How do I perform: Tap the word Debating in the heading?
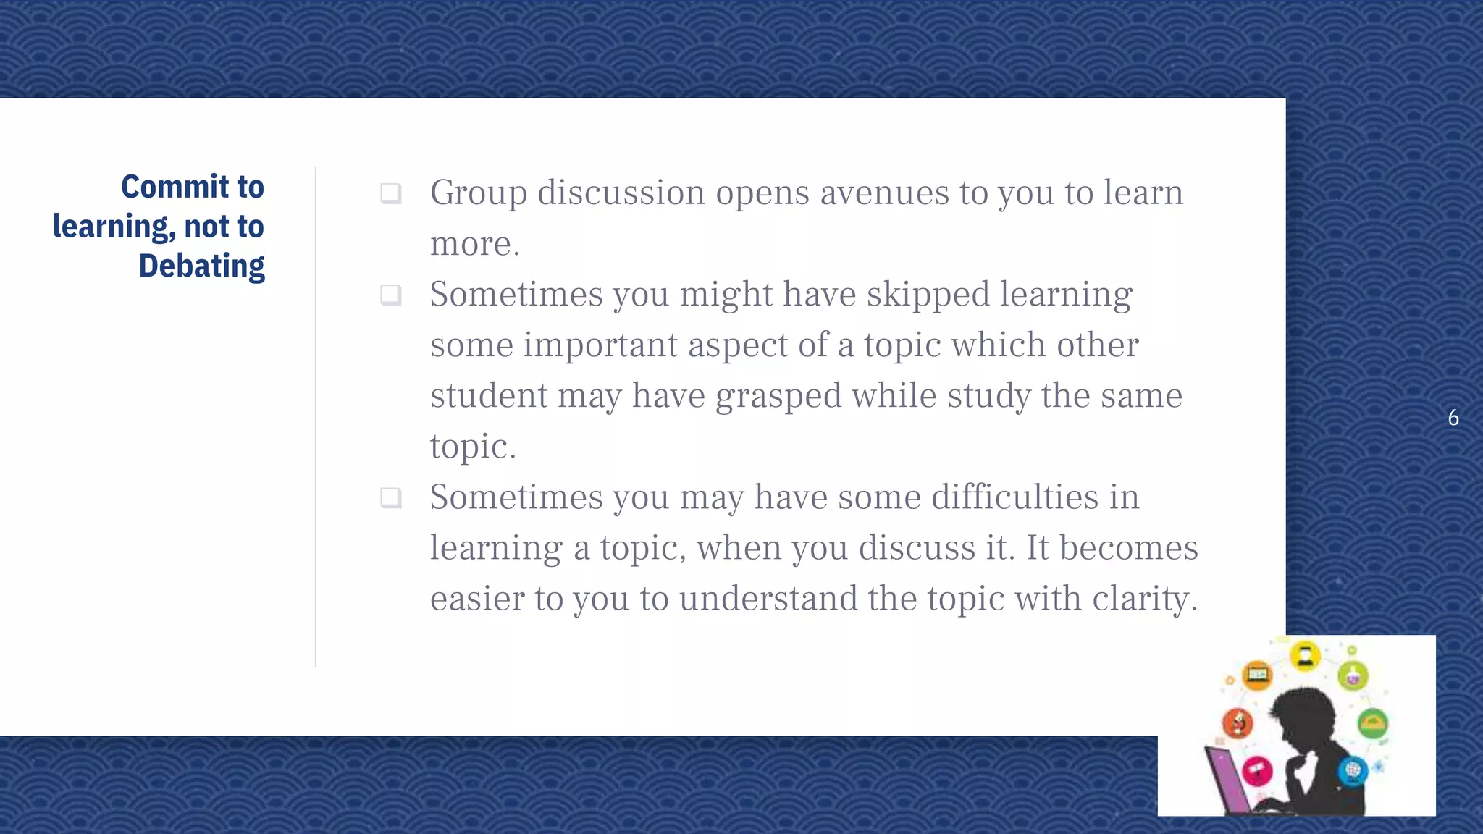coord(201,266)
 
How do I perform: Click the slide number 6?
coord(1453,418)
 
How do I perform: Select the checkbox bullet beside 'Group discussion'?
coord(391,193)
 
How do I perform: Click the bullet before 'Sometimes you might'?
coord(391,295)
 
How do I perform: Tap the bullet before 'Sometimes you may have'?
coord(391,497)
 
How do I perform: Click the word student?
coord(489,396)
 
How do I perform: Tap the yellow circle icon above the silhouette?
coord(1305,657)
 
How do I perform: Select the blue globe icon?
coord(1352,770)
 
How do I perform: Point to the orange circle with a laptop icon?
coord(1258,675)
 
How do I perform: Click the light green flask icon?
coord(1353,676)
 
